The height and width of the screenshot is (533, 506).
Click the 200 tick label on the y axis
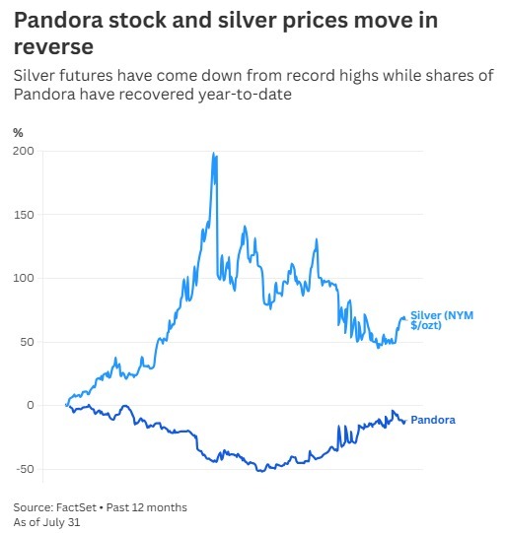point(24,151)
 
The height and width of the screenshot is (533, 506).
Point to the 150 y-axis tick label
point(24,215)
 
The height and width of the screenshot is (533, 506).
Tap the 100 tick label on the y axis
point(24,278)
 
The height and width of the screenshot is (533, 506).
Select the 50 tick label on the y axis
point(28,342)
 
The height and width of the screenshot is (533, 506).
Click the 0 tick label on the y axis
point(31,405)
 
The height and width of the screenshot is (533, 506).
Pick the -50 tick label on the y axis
point(24,469)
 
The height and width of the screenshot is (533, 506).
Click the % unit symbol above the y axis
point(18,133)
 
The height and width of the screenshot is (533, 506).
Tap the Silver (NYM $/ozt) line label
point(442,320)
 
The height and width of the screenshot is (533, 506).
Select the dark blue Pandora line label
point(433,420)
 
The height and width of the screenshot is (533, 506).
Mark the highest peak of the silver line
point(214,153)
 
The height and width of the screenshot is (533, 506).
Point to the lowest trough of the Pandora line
point(260,471)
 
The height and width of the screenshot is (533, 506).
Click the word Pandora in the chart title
point(58,20)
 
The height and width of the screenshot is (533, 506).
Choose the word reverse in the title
point(53,46)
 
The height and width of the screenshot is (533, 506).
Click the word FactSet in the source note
point(77,507)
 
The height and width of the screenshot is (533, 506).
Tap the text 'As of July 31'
point(46,522)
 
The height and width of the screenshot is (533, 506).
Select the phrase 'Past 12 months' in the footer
point(147,507)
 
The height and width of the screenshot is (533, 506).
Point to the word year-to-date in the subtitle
point(245,95)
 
